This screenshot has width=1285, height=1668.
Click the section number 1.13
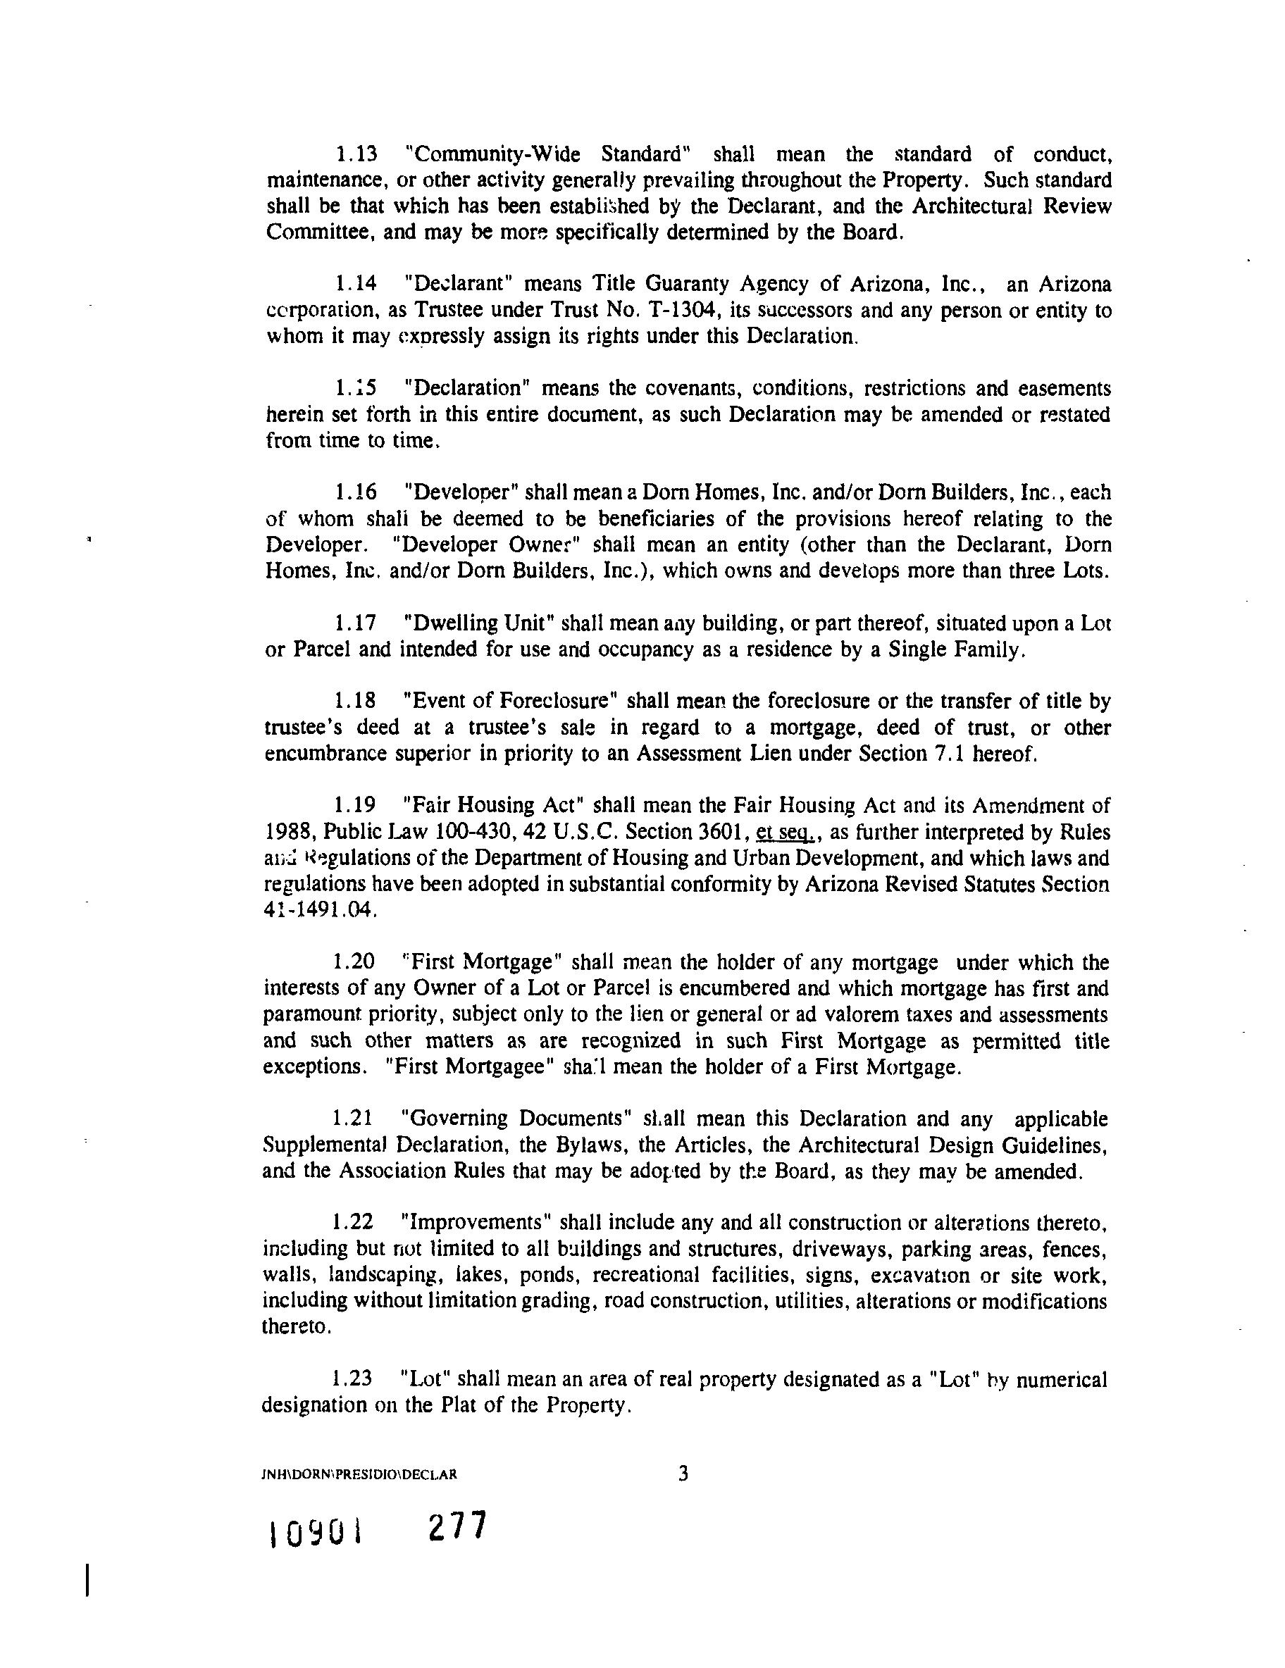pyautogui.click(x=356, y=154)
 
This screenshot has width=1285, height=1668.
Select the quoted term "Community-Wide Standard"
pyautogui.click(x=548, y=154)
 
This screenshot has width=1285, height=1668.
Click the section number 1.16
pyautogui.click(x=355, y=492)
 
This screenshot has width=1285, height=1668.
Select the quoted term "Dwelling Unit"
pyautogui.click(x=478, y=623)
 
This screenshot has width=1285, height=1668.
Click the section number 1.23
pyautogui.click(x=352, y=1378)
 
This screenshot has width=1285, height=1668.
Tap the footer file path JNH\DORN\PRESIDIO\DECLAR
pyautogui.click(x=359, y=1474)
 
